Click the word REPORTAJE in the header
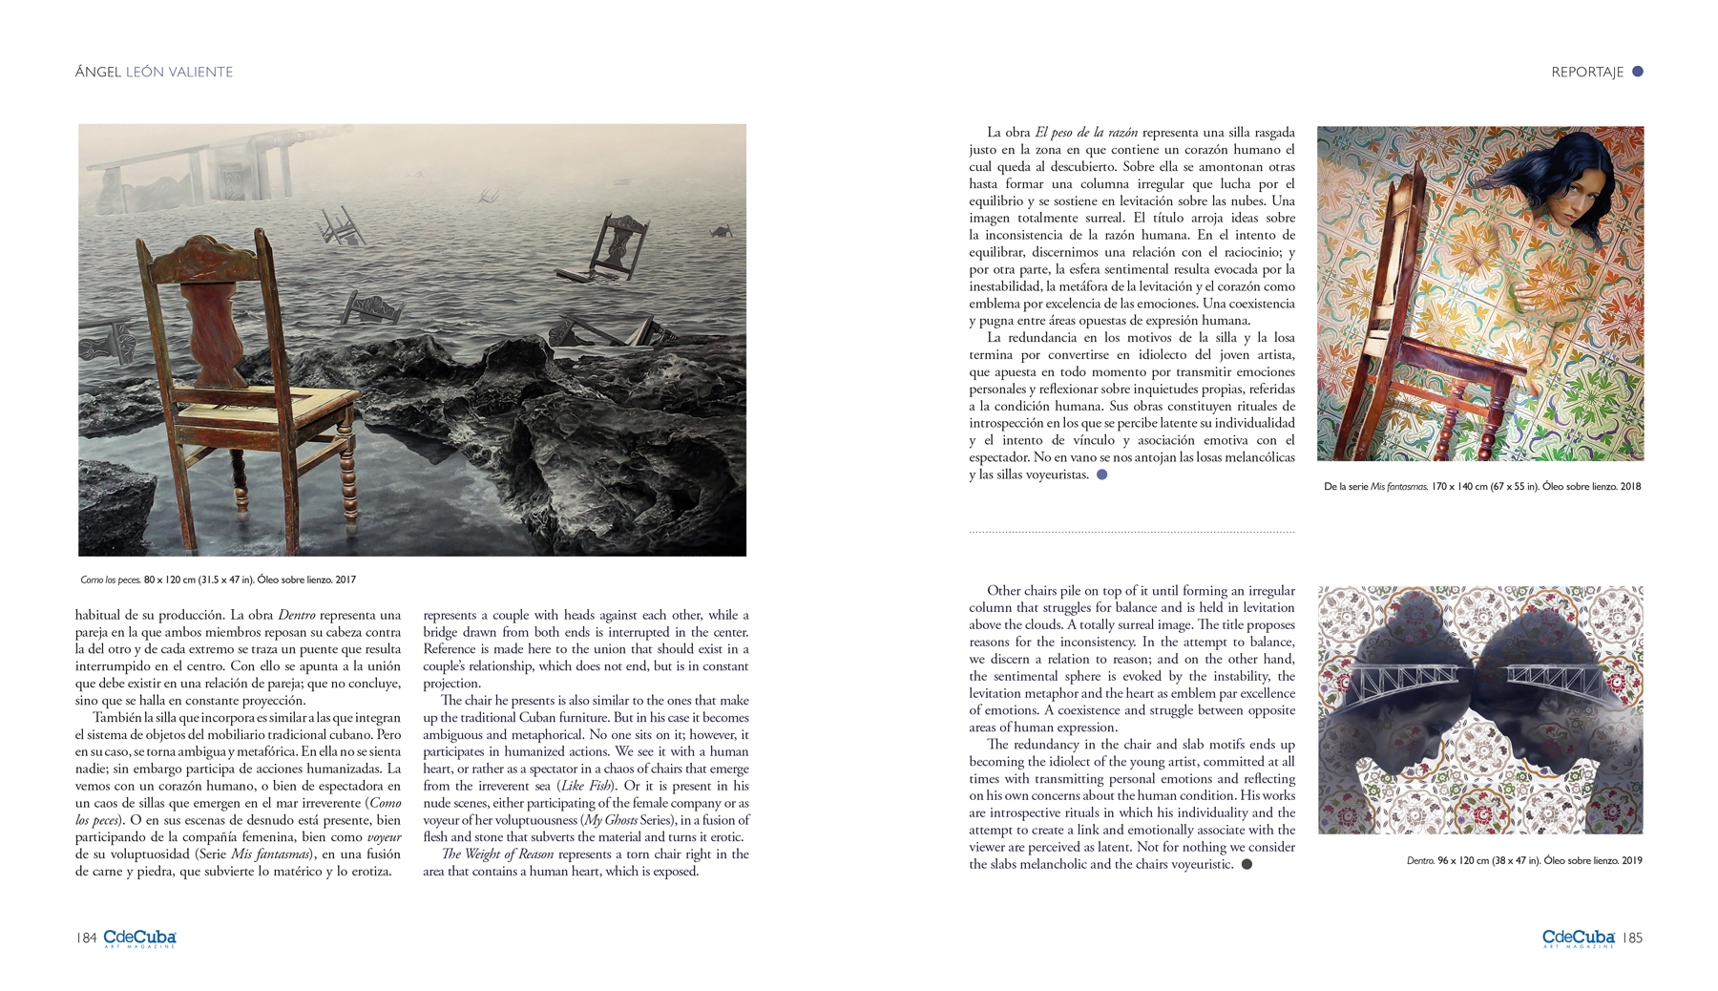pyautogui.click(x=1586, y=72)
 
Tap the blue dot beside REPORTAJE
pyautogui.click(x=1638, y=71)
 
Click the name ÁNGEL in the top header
pyautogui.click(x=98, y=72)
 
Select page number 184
pyautogui.click(x=86, y=938)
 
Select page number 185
pyautogui.click(x=1634, y=938)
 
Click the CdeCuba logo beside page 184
pyautogui.click(x=139, y=938)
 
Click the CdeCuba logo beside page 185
pyautogui.click(x=1579, y=938)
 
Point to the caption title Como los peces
pyautogui.click(x=110, y=580)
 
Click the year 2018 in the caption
pyautogui.click(x=1629, y=486)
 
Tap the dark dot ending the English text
pyautogui.click(x=1247, y=864)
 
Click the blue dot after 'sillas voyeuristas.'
pyautogui.click(x=1101, y=474)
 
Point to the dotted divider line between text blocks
pyautogui.click(x=1132, y=532)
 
